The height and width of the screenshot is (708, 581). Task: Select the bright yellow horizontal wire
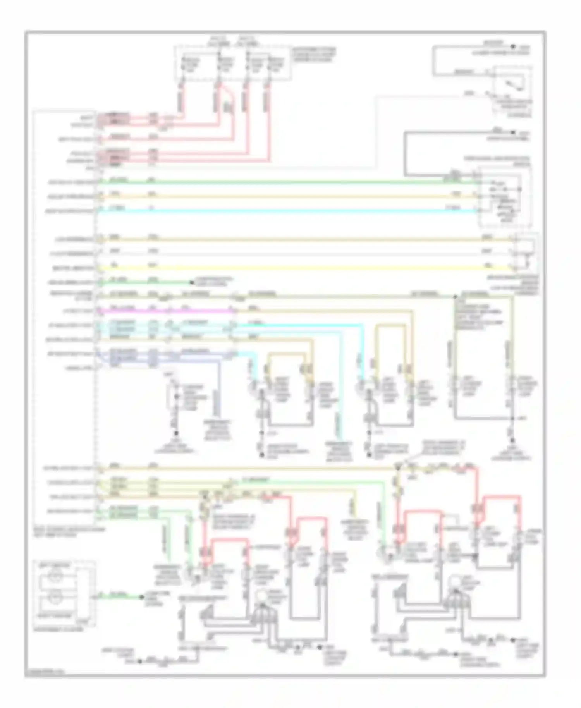310,268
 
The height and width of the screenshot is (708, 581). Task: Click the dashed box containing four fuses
232,64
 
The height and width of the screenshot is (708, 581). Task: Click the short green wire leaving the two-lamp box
120,597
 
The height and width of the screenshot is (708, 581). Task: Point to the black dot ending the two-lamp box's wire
142,597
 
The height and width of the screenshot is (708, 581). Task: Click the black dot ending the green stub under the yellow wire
191,282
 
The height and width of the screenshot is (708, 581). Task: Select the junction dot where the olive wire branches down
455,297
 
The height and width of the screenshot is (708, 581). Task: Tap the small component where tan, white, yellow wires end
525,252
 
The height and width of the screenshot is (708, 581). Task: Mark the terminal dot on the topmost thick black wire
513,46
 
